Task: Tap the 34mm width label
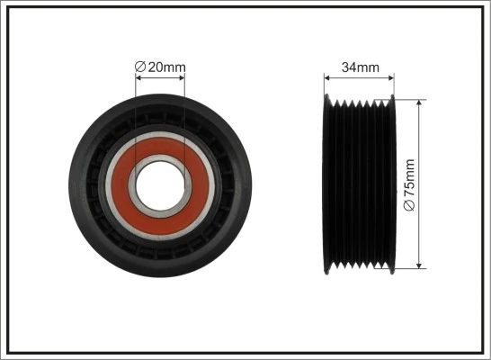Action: pos(359,67)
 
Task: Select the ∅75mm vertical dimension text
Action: pos(409,184)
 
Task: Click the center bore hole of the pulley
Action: pos(160,184)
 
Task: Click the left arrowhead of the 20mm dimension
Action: pos(138,78)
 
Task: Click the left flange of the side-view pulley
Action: pos(327,184)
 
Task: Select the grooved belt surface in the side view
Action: pos(360,184)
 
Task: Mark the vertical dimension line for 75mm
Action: pos(420,144)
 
